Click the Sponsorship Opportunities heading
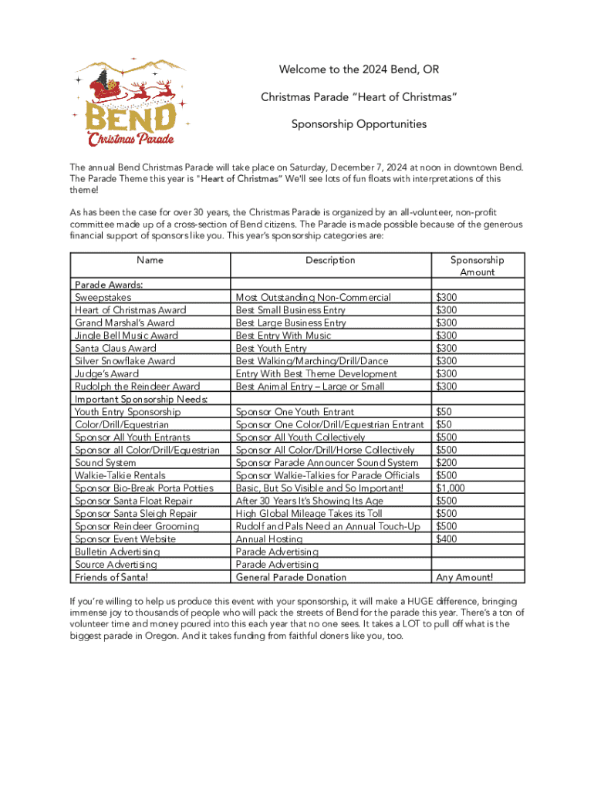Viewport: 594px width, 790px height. pos(359,124)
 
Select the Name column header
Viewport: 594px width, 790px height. pos(150,260)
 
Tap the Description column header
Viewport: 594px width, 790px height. pos(330,260)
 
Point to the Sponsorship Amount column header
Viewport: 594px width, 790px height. pos(477,266)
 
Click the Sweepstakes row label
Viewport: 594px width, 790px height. pos(103,297)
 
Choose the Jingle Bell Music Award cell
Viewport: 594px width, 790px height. pos(126,336)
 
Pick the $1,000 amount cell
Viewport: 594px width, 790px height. pos(451,488)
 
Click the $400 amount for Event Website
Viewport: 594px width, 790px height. pos(447,539)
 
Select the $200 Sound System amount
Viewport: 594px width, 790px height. pos(447,463)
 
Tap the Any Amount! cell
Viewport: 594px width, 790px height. pos(464,577)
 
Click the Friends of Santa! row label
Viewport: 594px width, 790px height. pos(111,577)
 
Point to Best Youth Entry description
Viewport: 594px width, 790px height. pos(271,348)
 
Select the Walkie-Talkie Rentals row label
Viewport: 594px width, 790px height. pos(120,475)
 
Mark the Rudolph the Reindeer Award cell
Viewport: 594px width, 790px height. pos(137,387)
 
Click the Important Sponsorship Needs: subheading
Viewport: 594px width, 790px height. pos(141,399)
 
